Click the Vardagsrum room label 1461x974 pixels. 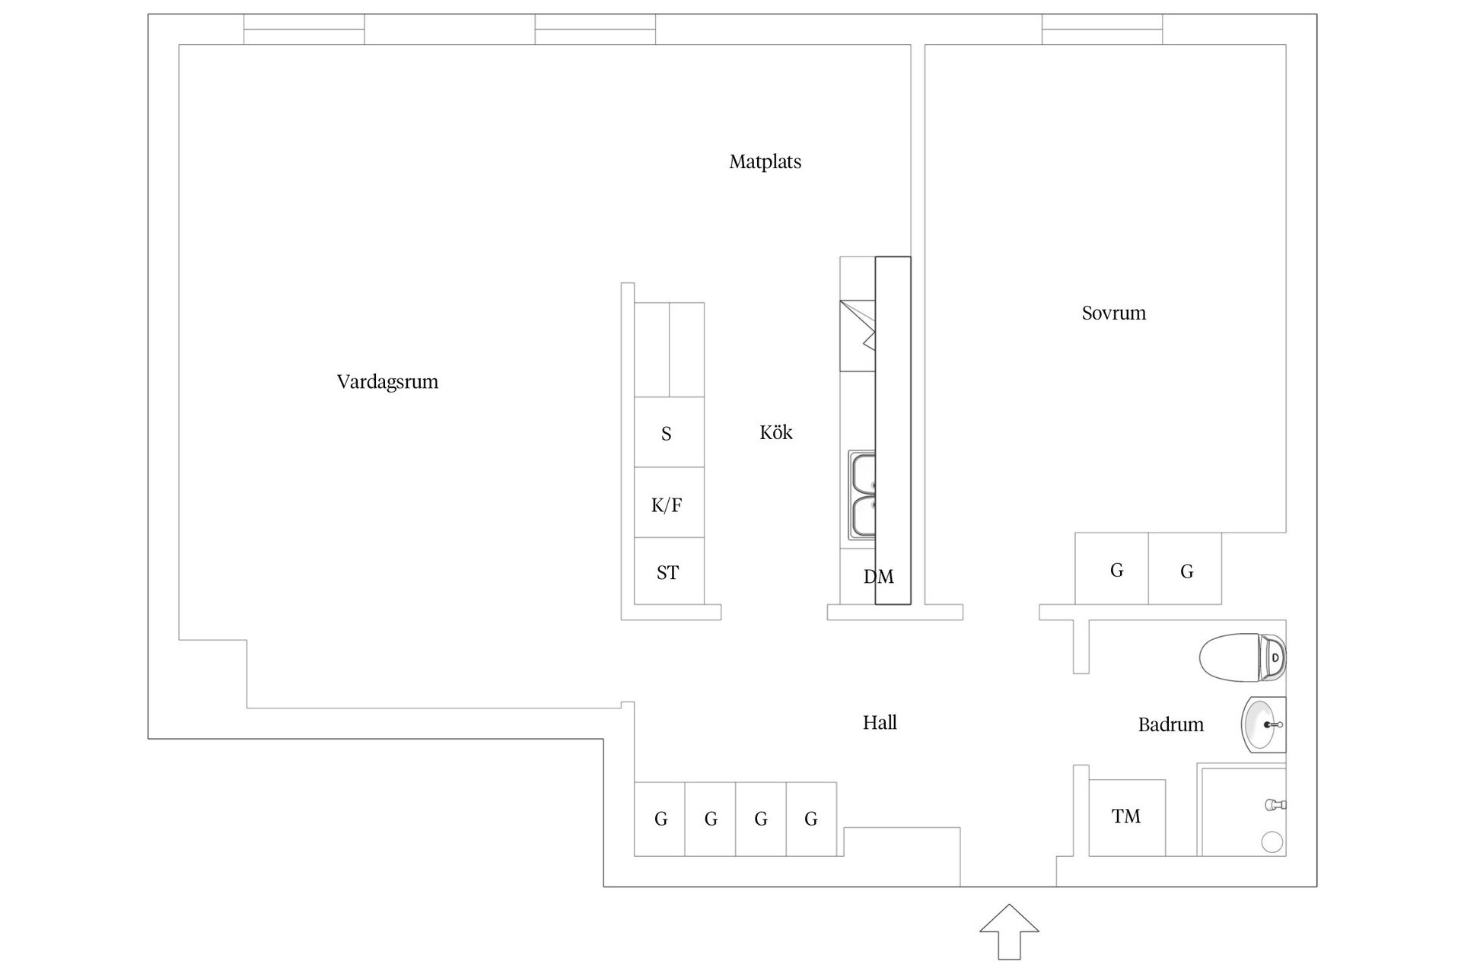click(387, 382)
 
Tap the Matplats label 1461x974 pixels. click(765, 162)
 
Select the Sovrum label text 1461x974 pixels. click(1114, 313)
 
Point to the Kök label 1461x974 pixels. click(776, 432)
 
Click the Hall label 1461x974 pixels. click(880, 722)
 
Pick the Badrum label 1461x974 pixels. click(1171, 724)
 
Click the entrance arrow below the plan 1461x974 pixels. click(1009, 931)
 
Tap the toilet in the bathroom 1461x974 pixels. click(1243, 657)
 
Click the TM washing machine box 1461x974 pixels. click(1127, 817)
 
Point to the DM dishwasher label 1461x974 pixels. click(878, 577)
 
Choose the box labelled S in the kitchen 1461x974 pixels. click(669, 431)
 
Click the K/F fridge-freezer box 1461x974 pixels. click(669, 502)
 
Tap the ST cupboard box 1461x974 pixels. click(669, 571)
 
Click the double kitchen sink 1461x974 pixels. click(862, 495)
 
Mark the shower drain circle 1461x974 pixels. click(1272, 842)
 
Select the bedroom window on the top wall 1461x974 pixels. click(1103, 29)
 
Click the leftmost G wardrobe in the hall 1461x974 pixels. click(660, 819)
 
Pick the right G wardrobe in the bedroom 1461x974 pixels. click(1185, 568)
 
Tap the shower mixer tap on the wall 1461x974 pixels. click(1275, 804)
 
